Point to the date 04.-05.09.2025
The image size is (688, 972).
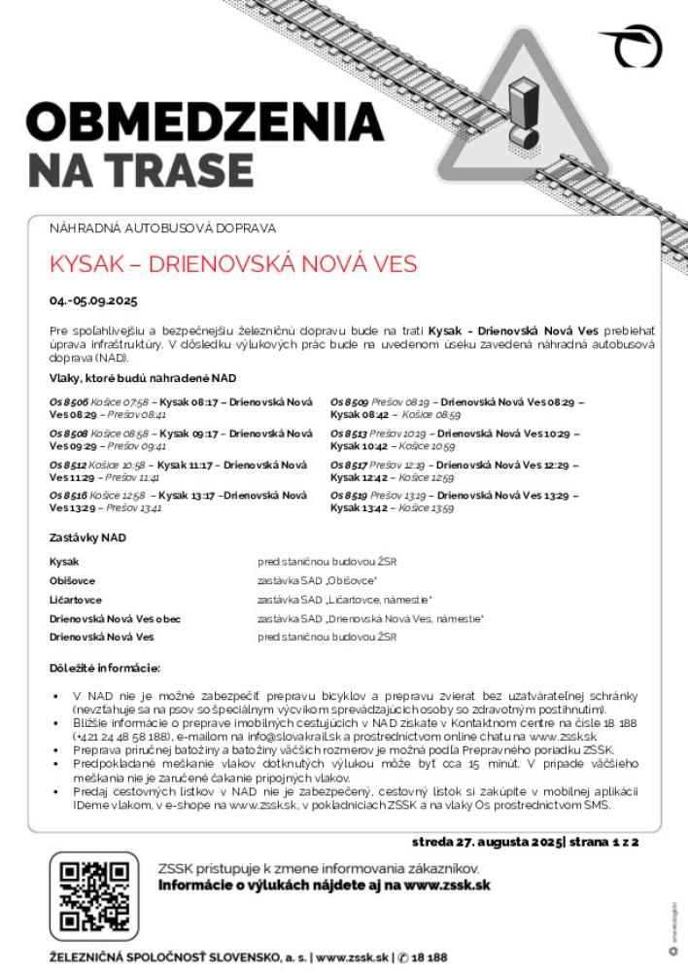click(94, 300)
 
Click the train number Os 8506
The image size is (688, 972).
click(69, 400)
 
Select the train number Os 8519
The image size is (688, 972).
click(350, 496)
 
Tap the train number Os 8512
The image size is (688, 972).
click(69, 466)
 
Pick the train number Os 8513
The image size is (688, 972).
click(350, 433)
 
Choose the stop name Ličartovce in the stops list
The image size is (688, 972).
click(76, 599)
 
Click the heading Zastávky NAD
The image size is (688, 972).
click(87, 538)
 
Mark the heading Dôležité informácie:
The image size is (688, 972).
click(105, 669)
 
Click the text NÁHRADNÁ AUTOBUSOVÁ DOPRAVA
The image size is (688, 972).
click(163, 227)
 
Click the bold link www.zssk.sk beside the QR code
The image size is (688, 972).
click(444, 885)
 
